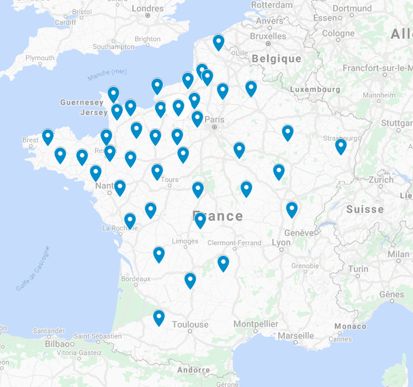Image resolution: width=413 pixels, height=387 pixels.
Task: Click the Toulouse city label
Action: point(190,324)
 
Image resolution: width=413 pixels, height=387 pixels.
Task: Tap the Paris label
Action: point(215,119)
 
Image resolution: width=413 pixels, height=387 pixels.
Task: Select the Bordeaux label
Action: point(135,278)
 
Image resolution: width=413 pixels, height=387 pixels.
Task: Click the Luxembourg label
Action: point(316,89)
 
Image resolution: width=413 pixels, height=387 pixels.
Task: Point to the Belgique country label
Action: point(276,59)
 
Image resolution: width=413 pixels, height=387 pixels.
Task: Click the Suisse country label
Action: point(365,209)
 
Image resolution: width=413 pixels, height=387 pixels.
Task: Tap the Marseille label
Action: point(295,336)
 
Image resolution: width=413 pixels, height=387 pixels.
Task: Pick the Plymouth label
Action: point(40,58)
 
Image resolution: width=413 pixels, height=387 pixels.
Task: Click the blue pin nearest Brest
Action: point(48,136)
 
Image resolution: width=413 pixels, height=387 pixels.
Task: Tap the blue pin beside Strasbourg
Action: point(341,145)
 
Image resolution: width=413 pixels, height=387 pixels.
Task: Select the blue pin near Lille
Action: point(219,41)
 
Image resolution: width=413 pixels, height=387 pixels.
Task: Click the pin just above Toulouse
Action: point(159,317)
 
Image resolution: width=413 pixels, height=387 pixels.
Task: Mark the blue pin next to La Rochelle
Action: point(130,220)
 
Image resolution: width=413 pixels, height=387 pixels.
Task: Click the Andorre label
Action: point(193,370)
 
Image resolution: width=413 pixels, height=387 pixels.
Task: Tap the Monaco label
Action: point(350,326)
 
